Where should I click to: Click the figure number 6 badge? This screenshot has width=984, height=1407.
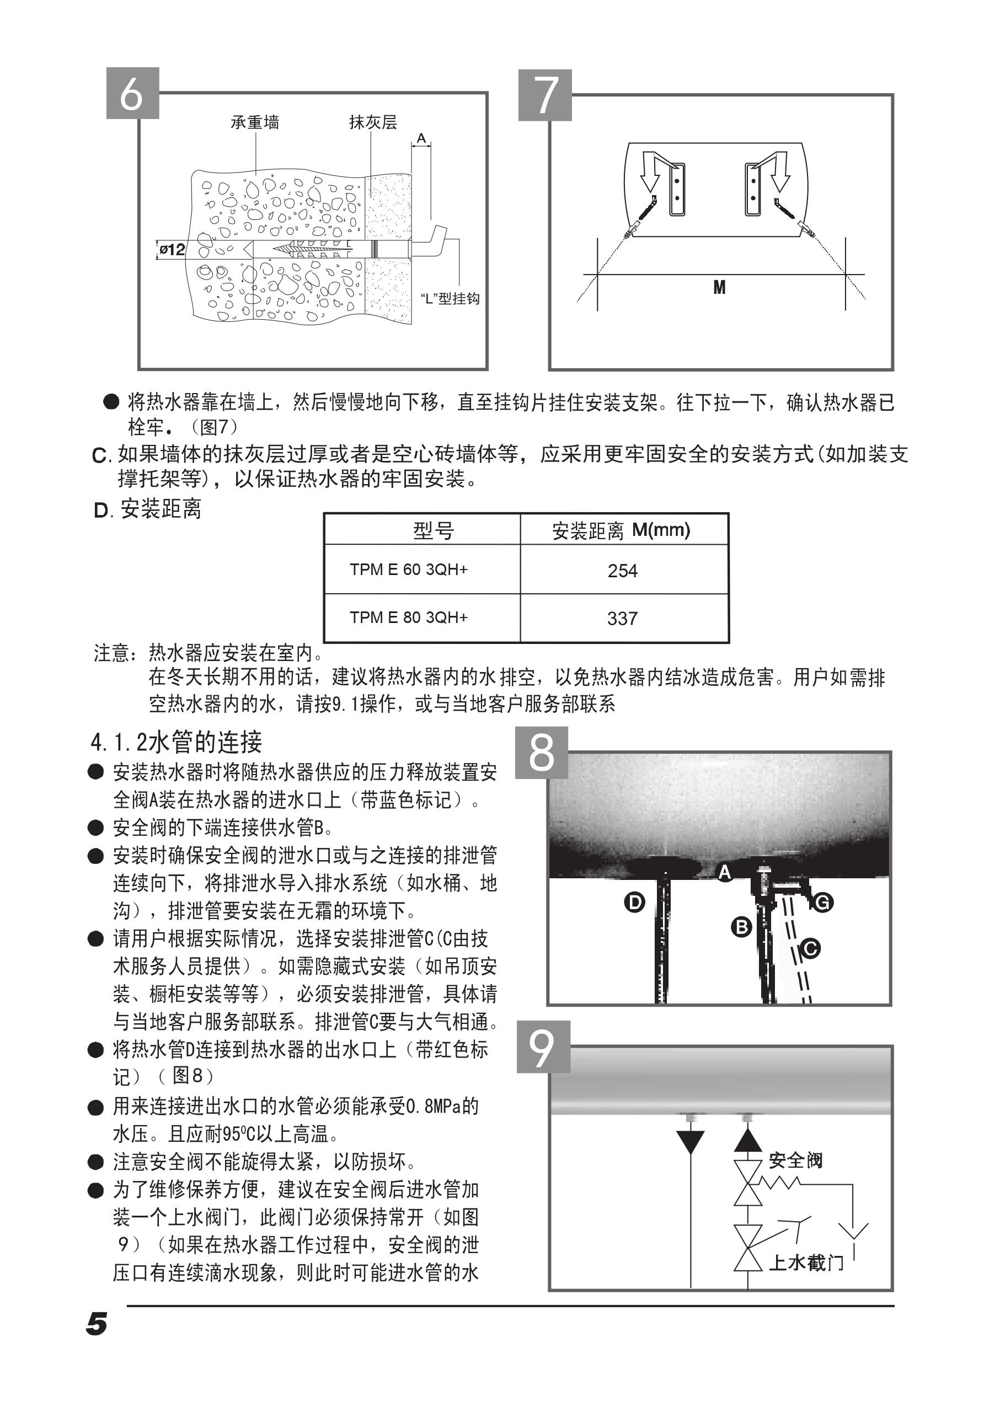point(132,93)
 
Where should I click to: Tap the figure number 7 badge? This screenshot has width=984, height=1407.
point(545,95)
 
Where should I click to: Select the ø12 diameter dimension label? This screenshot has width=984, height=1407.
point(172,249)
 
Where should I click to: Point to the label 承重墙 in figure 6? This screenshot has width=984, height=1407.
point(254,122)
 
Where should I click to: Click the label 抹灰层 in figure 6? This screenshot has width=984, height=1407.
point(373,122)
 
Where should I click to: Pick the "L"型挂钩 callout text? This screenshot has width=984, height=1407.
point(450,298)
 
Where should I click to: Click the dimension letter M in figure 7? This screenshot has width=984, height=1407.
point(719,287)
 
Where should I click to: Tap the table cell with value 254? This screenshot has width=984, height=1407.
point(622,571)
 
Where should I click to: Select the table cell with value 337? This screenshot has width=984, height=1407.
point(622,619)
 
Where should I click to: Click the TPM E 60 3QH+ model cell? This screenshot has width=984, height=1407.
point(408,570)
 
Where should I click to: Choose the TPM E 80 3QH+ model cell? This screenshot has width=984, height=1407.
point(408,617)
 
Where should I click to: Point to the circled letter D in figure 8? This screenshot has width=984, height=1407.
point(634,902)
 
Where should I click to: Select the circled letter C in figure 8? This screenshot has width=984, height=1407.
point(810,949)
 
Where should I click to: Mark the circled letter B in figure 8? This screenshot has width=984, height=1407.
point(742,927)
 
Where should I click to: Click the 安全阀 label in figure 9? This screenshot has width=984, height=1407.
point(795,1160)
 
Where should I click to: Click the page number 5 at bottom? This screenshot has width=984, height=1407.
point(97,1324)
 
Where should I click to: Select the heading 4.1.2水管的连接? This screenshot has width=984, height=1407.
point(177,743)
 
